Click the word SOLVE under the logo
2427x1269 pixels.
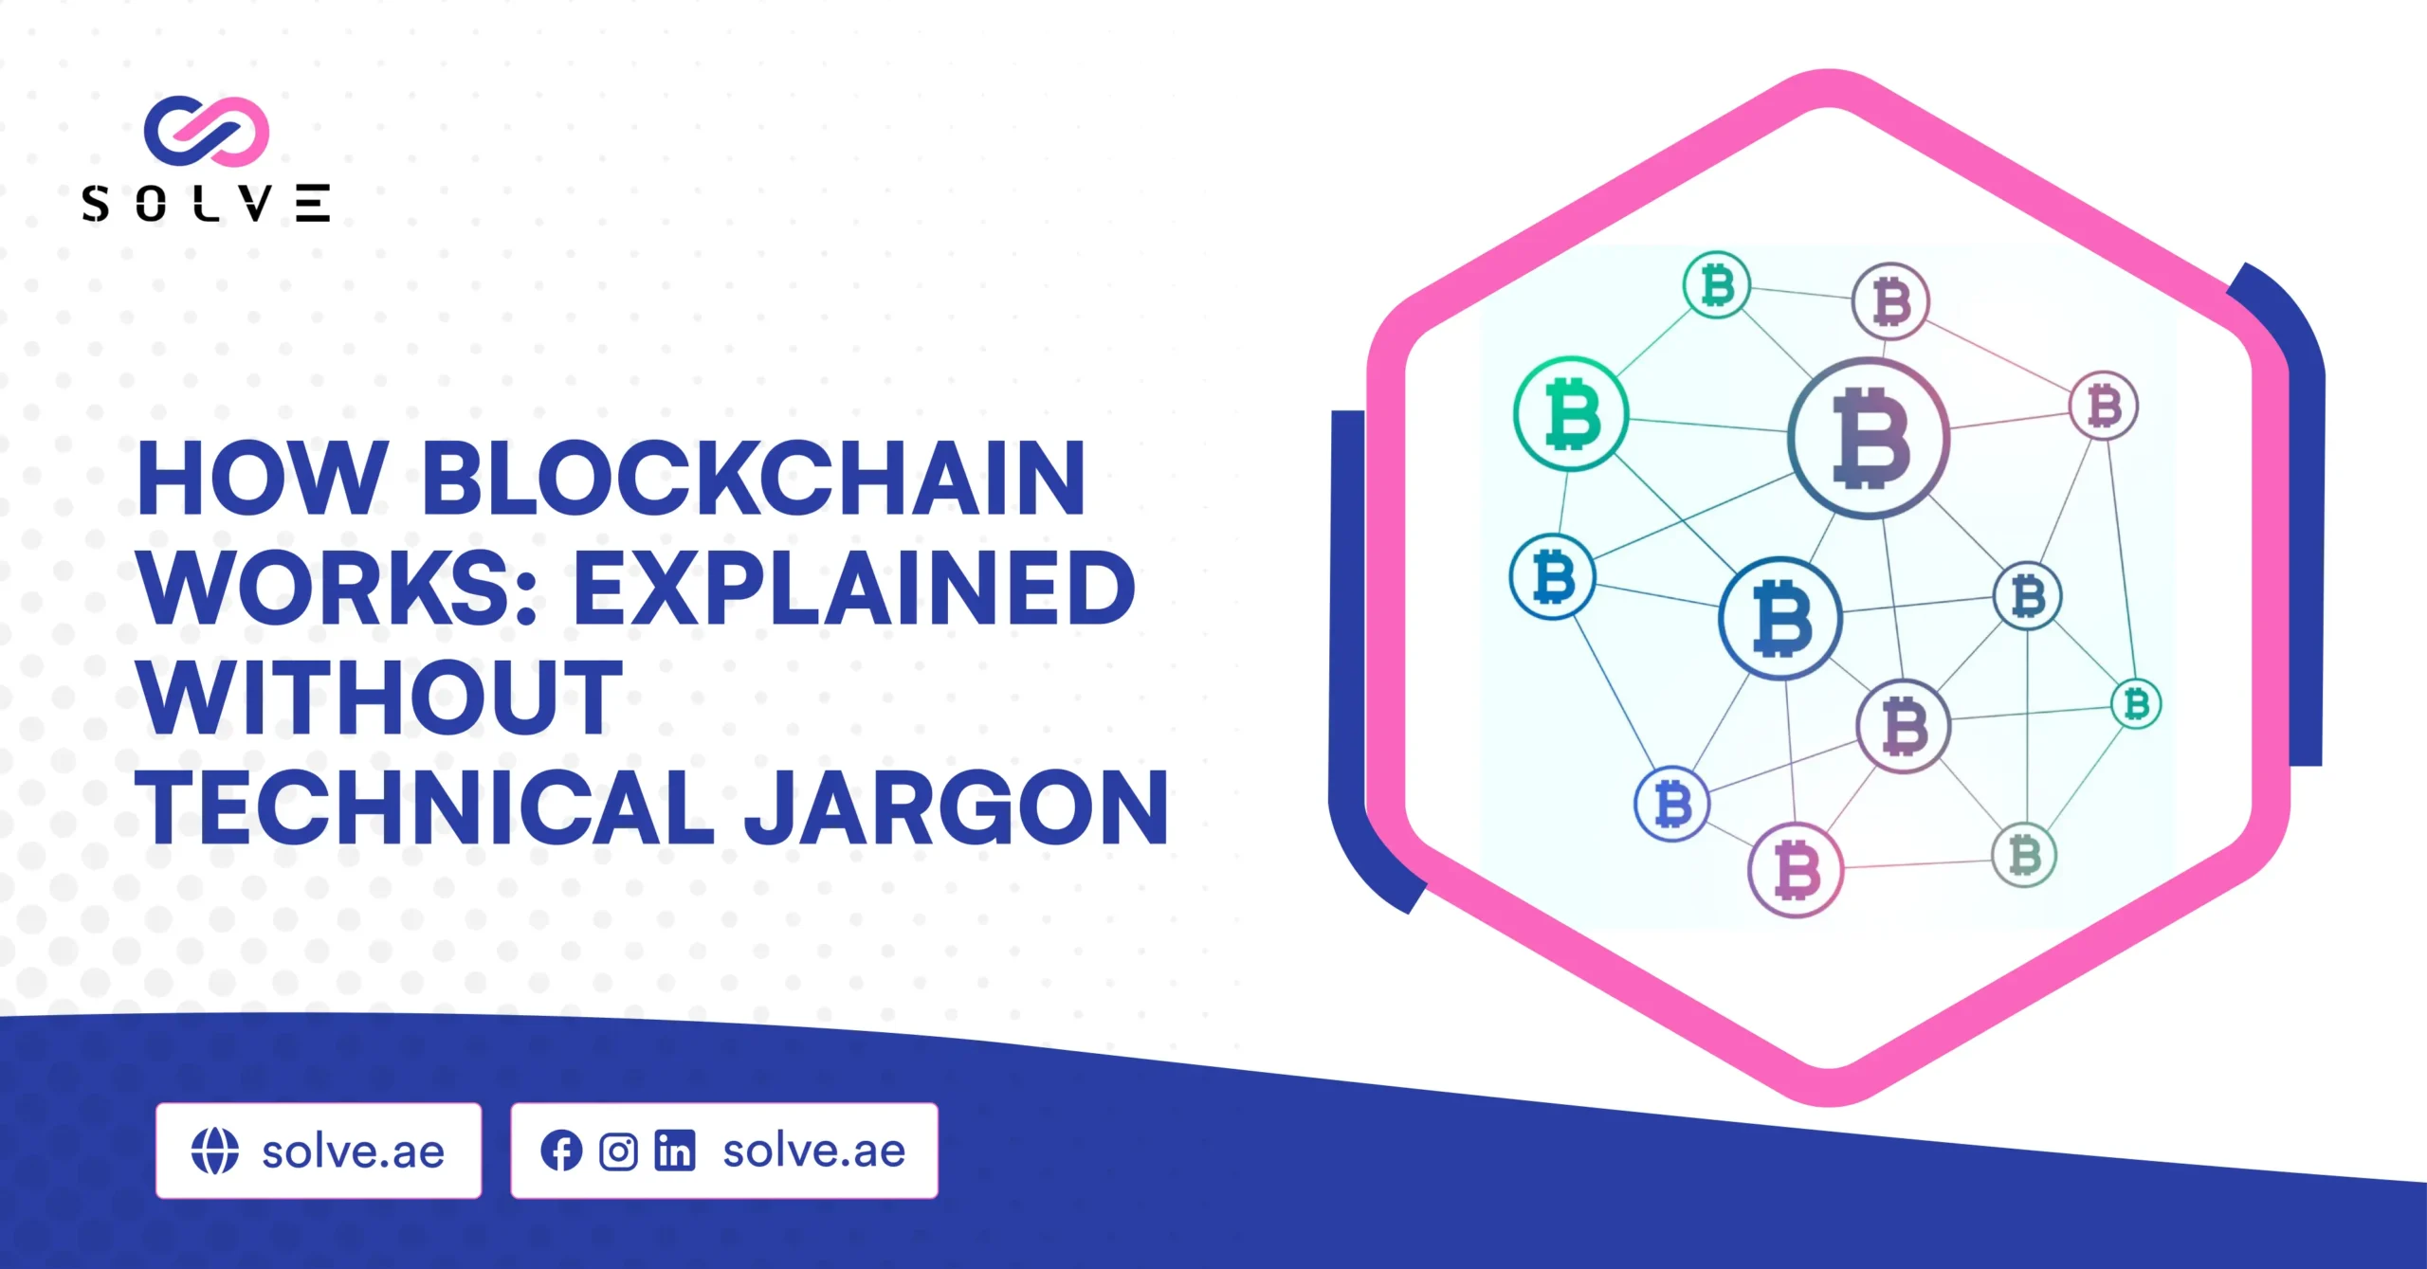click(206, 203)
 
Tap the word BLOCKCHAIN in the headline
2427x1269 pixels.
click(754, 479)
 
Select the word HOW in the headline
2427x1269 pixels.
click(263, 479)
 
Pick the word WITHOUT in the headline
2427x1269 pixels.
click(379, 698)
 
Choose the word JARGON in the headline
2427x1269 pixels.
click(957, 807)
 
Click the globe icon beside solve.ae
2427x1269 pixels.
click(215, 1151)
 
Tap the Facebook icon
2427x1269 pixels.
click(561, 1151)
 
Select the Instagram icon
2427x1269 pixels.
click(618, 1151)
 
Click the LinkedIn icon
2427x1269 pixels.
click(675, 1151)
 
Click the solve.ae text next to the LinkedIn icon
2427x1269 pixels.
click(814, 1151)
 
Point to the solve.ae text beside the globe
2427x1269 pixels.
click(354, 1151)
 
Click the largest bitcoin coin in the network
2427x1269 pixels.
click(1869, 438)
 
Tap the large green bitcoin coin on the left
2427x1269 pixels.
click(1571, 414)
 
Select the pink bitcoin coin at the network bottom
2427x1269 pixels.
click(1796, 870)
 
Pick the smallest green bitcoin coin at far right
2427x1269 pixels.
click(2136, 704)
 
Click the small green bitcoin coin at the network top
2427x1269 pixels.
click(1717, 284)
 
